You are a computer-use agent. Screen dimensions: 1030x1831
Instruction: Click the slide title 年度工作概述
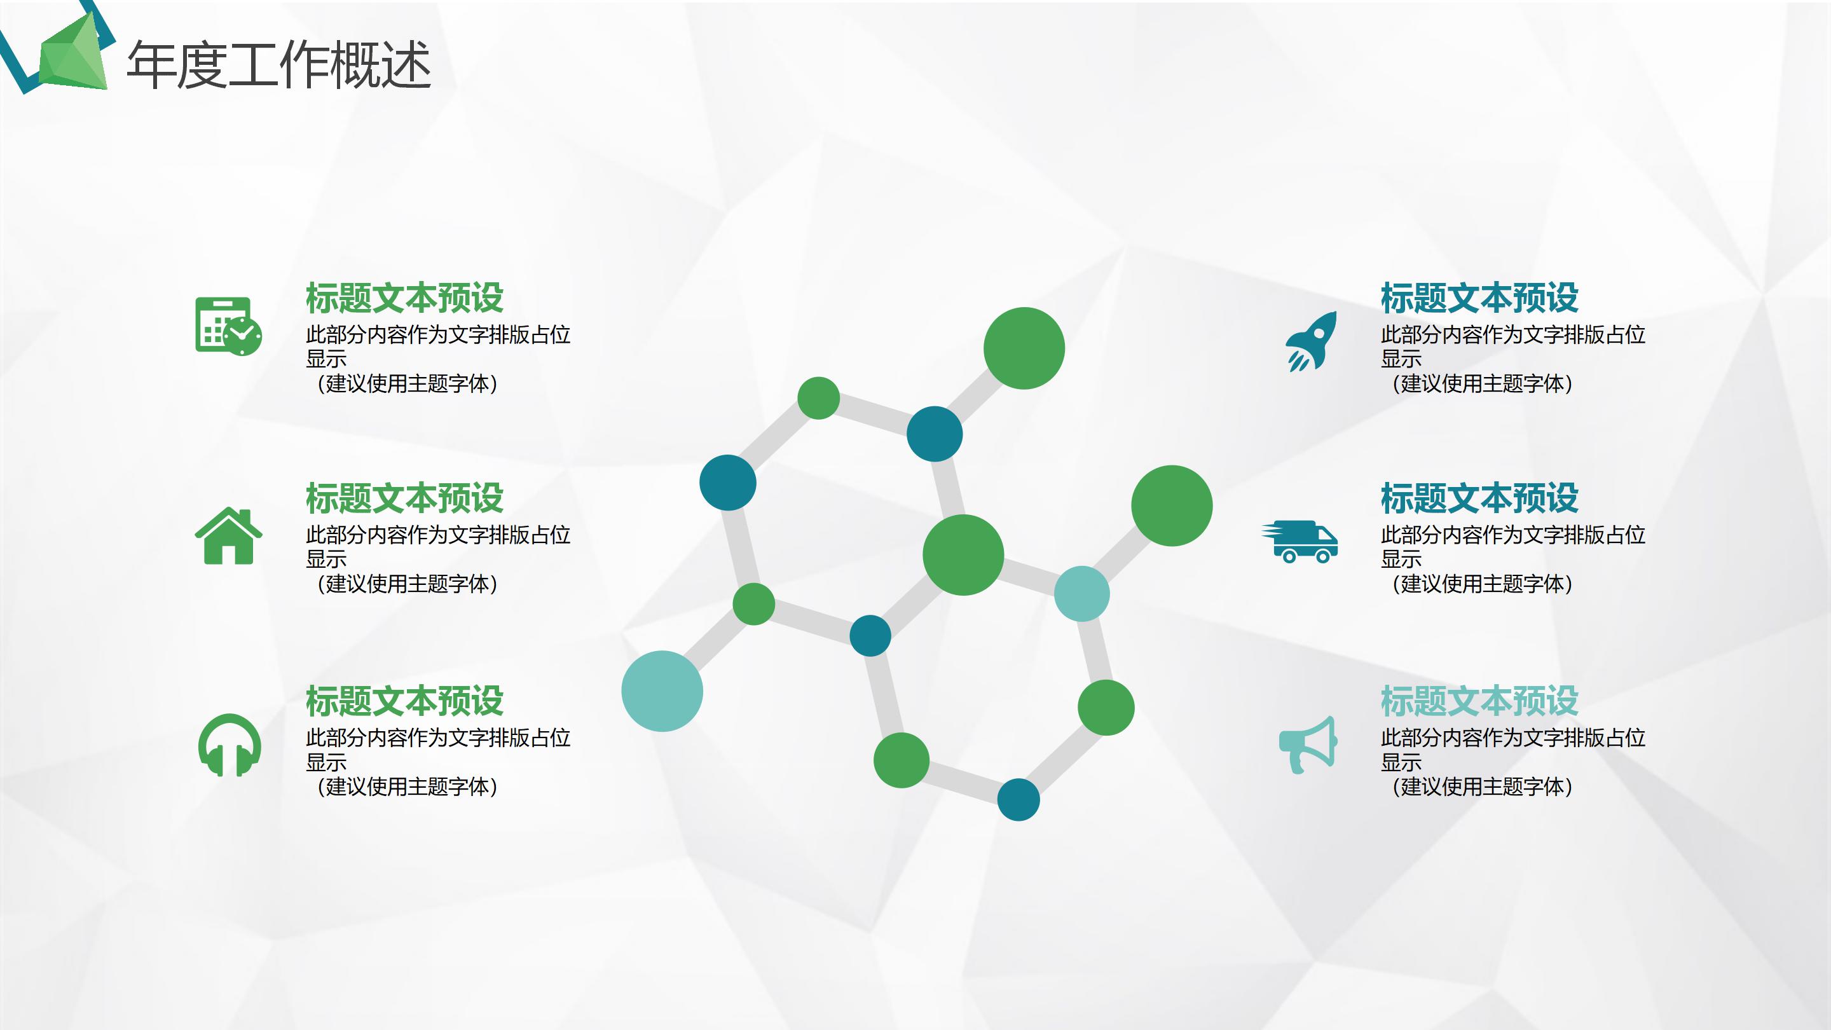278,65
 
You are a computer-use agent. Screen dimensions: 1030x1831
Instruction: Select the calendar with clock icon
228,326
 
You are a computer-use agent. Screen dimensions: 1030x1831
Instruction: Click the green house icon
228,536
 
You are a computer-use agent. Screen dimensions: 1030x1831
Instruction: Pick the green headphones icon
229,745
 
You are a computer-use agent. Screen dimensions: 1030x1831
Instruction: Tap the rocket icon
1311,341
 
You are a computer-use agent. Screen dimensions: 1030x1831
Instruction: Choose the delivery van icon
1300,542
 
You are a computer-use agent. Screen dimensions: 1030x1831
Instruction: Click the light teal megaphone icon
1308,745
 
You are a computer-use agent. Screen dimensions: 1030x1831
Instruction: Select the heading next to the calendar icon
404,298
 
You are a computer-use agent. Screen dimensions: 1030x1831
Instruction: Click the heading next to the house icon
404,498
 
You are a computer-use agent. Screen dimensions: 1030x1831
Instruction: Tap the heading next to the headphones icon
404,701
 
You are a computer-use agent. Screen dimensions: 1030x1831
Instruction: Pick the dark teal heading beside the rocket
1479,298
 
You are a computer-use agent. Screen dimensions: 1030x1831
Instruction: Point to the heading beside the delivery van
1479,498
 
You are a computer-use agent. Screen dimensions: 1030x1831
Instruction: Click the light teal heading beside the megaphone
1479,701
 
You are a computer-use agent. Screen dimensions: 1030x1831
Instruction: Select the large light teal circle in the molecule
662,691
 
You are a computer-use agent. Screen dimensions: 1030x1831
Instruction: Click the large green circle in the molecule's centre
963,554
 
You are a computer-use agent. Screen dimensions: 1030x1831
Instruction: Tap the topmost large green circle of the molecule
1024,348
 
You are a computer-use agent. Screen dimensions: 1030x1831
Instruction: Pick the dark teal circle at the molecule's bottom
1018,800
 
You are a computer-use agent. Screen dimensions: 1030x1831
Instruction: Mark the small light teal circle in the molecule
1081,594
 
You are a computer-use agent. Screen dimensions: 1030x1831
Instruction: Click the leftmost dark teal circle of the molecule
727,483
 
